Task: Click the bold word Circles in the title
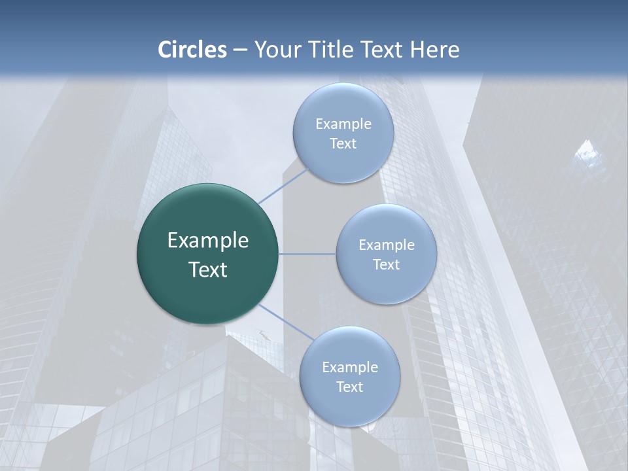point(192,50)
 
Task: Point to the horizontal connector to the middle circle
point(307,254)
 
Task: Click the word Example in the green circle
point(208,241)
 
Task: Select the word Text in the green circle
point(208,270)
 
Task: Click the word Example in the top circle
point(343,124)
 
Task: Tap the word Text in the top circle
point(343,143)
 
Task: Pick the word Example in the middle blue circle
point(387,245)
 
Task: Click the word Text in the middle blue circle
point(386,264)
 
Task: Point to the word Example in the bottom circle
point(350,367)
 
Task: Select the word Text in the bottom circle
point(349,387)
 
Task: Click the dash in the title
point(240,50)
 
